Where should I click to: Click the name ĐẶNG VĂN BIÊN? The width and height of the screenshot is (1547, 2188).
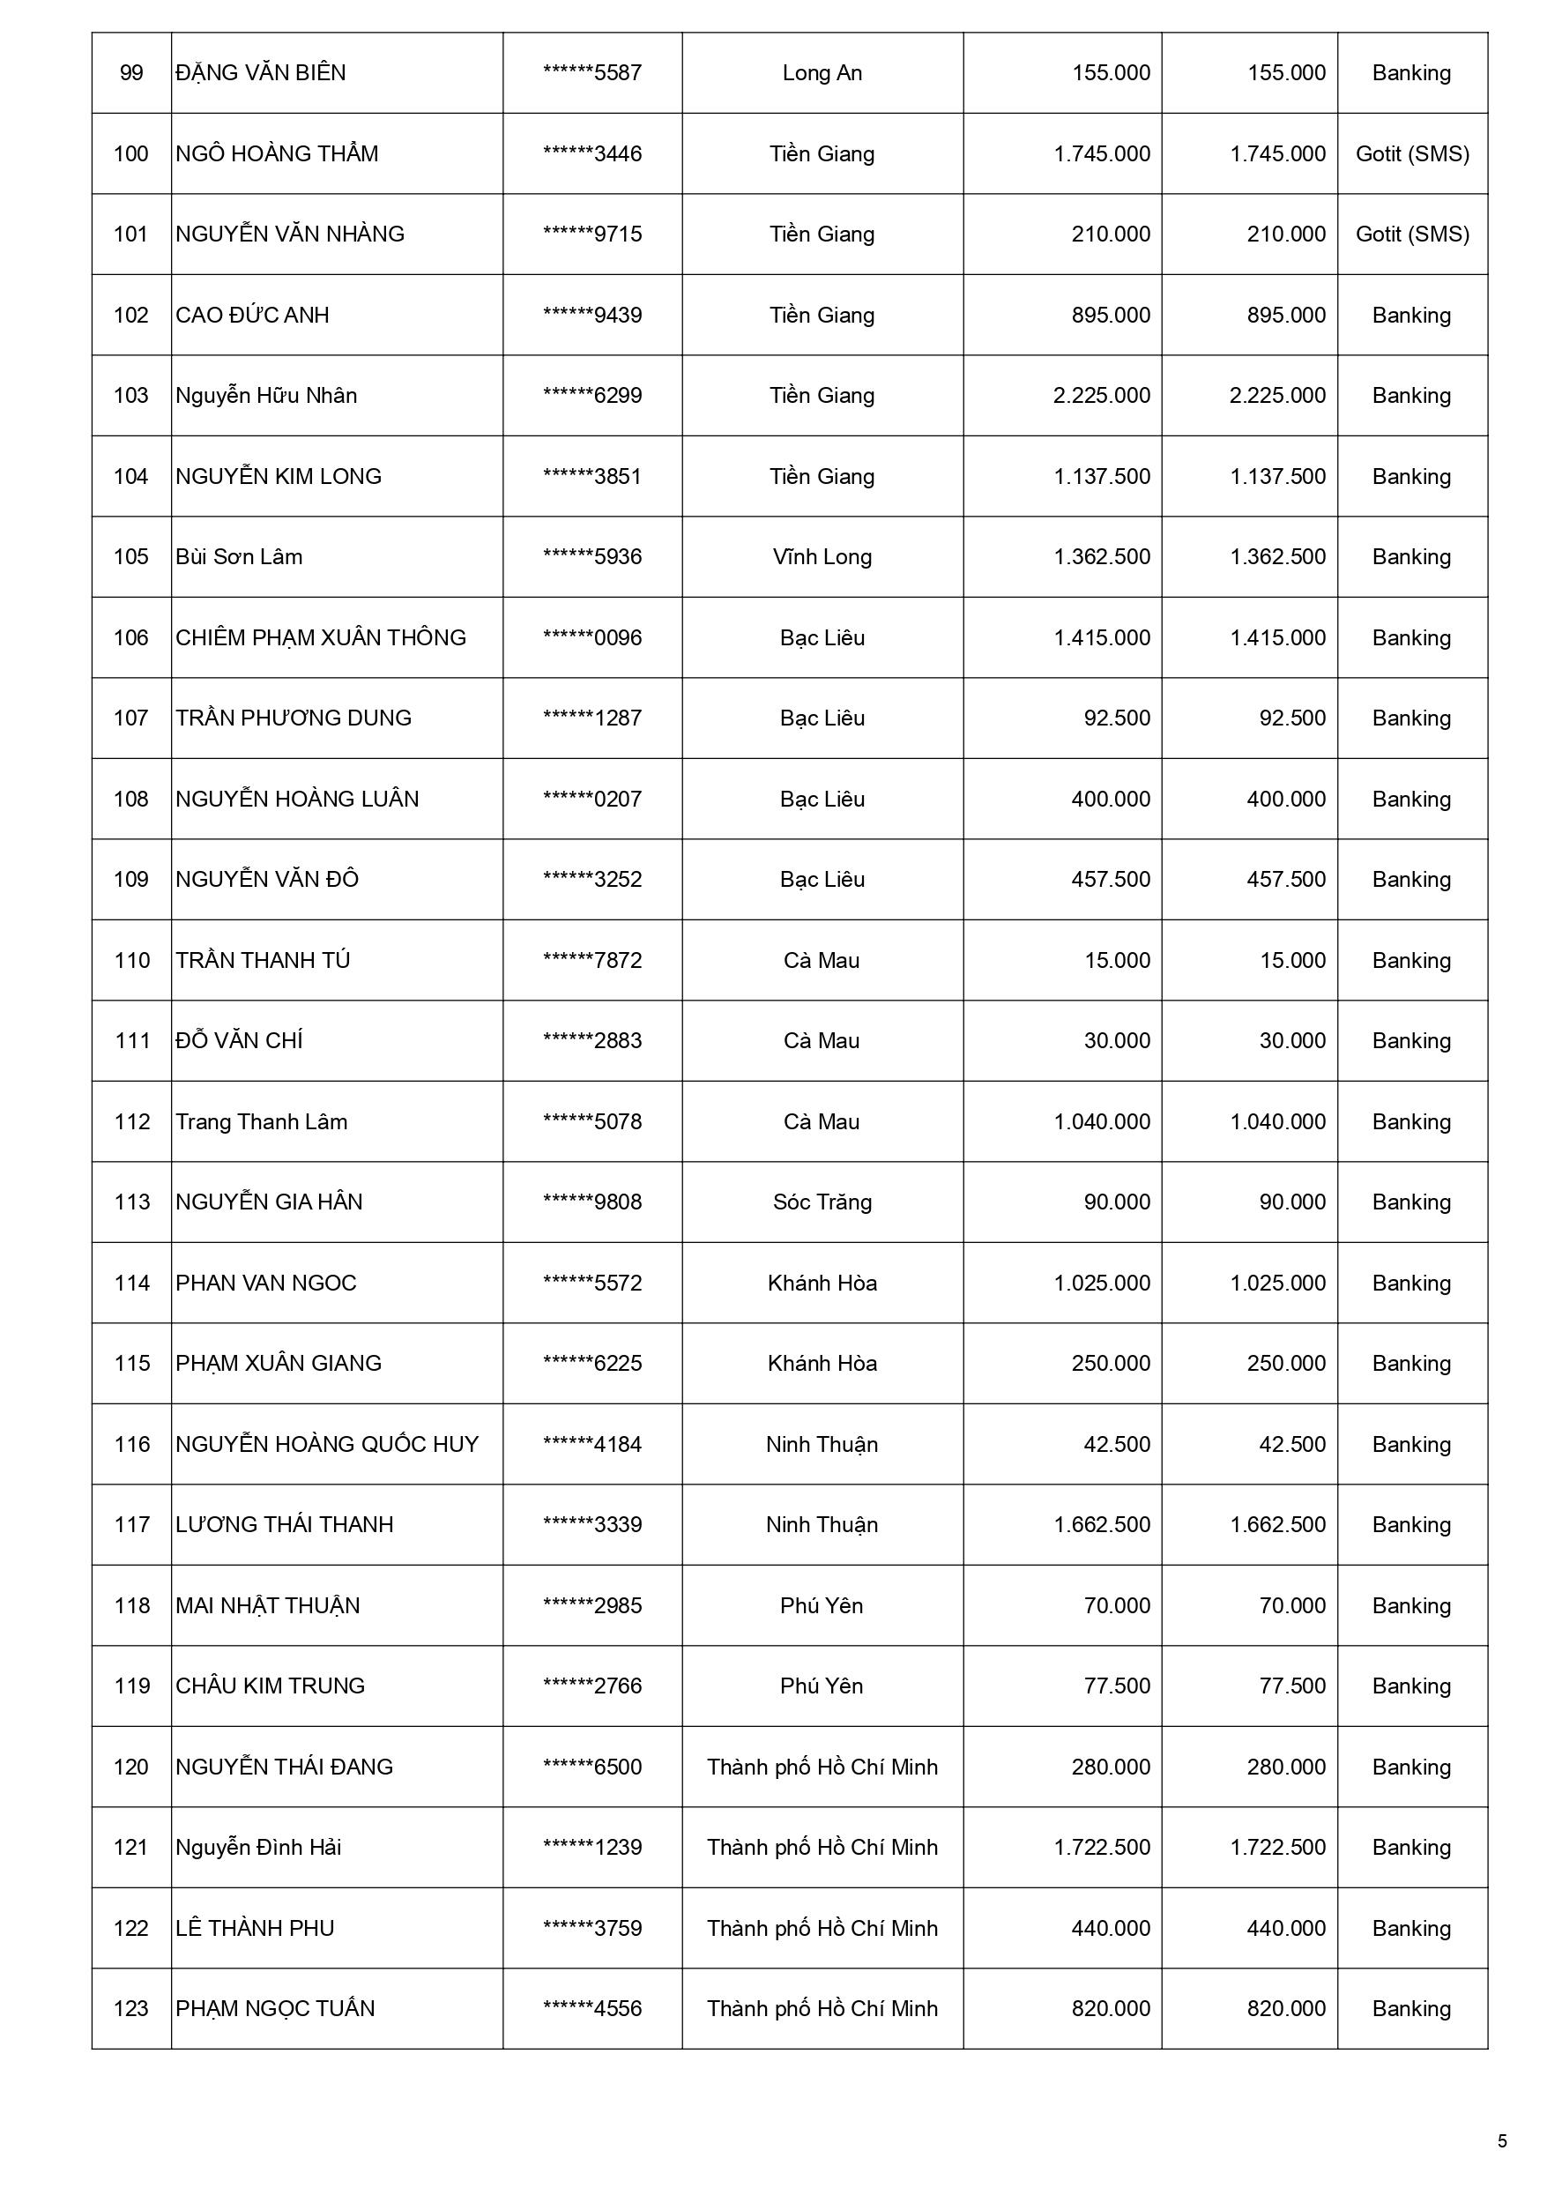click(x=260, y=73)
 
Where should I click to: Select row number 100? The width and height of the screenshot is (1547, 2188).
click(x=131, y=154)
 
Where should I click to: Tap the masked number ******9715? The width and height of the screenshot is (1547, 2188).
click(x=592, y=234)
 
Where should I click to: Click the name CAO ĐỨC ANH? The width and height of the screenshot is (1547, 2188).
click(x=251, y=316)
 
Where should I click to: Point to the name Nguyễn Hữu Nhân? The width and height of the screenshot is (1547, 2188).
click(x=266, y=396)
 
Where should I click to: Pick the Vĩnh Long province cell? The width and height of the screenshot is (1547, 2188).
click(x=822, y=557)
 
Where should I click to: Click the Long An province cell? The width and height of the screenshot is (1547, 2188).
click(x=822, y=73)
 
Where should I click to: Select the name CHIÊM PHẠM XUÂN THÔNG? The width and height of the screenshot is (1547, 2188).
click(x=320, y=637)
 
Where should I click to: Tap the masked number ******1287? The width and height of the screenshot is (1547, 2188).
click(x=592, y=718)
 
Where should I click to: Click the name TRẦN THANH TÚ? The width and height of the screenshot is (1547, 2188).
click(x=262, y=961)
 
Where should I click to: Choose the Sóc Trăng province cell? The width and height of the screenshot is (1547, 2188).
click(x=822, y=1202)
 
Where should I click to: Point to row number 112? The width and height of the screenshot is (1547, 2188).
click(x=131, y=1121)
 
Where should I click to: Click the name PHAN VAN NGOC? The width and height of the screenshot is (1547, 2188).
click(x=265, y=1284)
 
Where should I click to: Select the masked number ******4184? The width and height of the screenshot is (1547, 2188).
click(x=592, y=1445)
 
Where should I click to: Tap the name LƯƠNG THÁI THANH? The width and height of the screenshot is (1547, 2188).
click(x=284, y=1525)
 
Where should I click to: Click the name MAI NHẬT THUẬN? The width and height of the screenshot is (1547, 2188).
click(x=267, y=1606)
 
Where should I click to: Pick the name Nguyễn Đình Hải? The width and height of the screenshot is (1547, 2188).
click(x=257, y=1848)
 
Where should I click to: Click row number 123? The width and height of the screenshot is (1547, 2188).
click(x=131, y=2009)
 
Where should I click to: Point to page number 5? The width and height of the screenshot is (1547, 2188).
click(x=1502, y=2141)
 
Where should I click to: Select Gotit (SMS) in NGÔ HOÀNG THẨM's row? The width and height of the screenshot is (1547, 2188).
click(x=1411, y=154)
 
